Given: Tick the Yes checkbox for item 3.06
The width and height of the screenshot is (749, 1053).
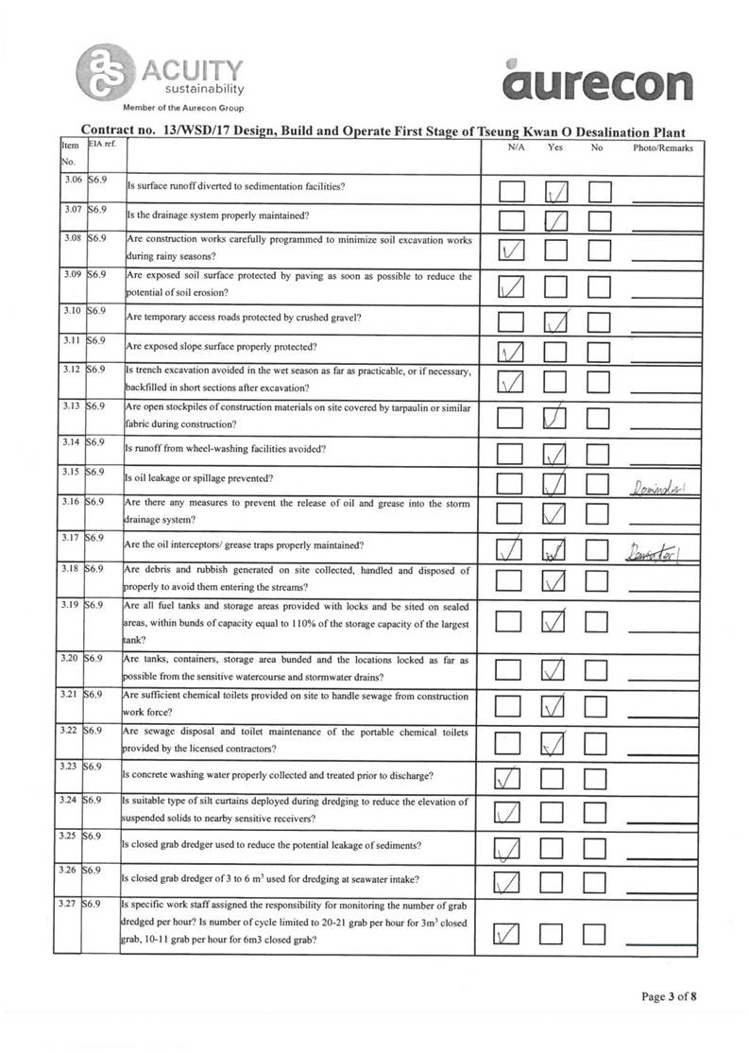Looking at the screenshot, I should click(x=556, y=193).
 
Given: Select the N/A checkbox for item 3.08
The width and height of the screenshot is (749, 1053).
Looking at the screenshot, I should click(x=512, y=251).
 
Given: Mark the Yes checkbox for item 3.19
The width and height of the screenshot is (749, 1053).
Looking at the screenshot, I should click(x=556, y=623).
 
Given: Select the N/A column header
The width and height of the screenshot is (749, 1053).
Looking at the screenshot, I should click(x=516, y=148).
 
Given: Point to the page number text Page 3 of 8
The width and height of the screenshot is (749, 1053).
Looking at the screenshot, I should click(x=669, y=995).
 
